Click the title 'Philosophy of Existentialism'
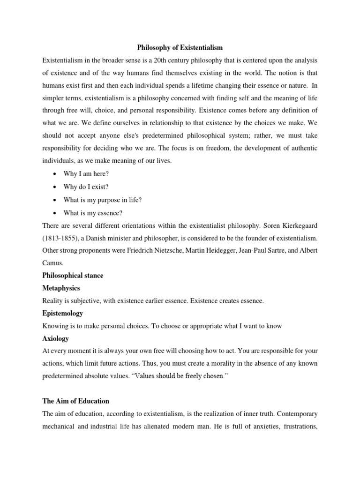(180, 48)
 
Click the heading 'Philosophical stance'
(73, 276)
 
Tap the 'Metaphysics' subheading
(60, 288)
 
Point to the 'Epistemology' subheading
(62, 313)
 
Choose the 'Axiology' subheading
(56, 338)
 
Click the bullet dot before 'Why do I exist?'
(56, 187)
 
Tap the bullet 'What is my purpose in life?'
(102, 200)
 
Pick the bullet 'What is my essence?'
(93, 213)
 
